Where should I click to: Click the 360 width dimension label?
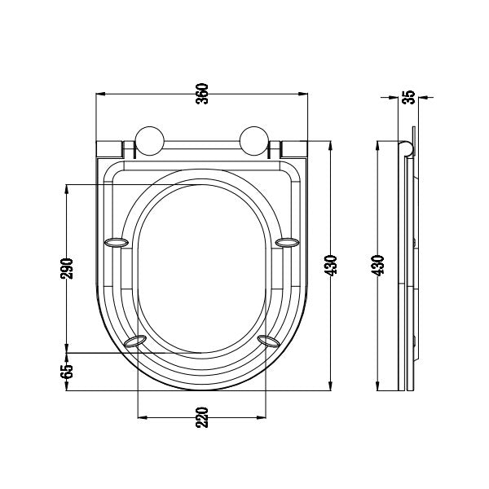click(x=202, y=94)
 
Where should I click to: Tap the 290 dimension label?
click(x=67, y=268)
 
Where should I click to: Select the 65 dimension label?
click(x=67, y=372)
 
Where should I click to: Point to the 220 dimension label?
click(x=202, y=417)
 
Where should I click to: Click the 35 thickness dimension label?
click(x=409, y=97)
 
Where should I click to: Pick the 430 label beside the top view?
click(x=331, y=266)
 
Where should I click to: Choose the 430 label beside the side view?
click(x=377, y=266)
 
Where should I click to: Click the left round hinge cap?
click(x=150, y=141)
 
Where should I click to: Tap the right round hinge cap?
click(x=254, y=141)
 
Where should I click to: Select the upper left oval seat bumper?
click(x=116, y=242)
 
